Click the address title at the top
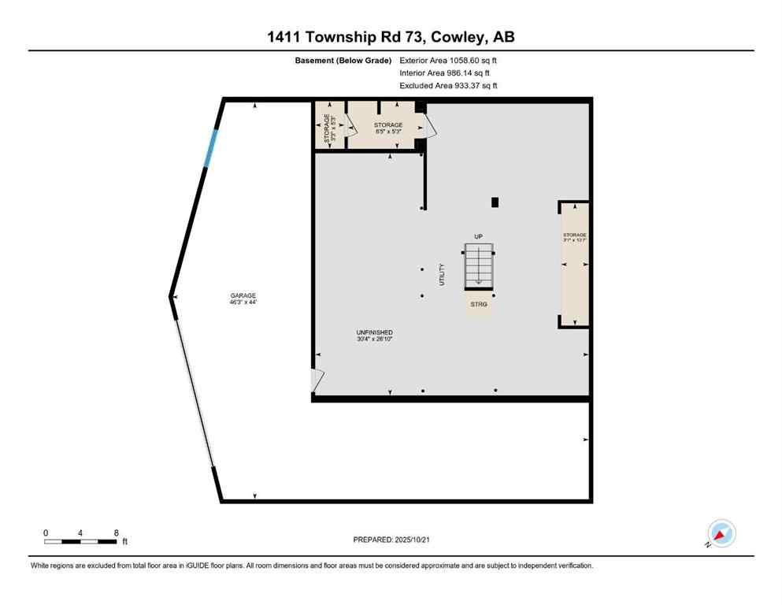click(x=391, y=37)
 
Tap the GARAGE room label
click(x=243, y=299)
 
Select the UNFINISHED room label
click(x=374, y=336)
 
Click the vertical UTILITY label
click(x=442, y=273)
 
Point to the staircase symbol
click(x=479, y=266)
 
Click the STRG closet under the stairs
click(x=479, y=303)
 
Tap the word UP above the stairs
click(x=477, y=236)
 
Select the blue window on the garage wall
click(x=209, y=147)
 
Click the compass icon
click(x=721, y=533)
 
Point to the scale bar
click(x=81, y=541)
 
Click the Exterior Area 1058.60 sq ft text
click(x=448, y=60)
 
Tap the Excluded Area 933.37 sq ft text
click(x=448, y=85)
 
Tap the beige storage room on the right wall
click(x=574, y=264)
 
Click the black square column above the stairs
click(x=495, y=202)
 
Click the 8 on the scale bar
click(x=117, y=533)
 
